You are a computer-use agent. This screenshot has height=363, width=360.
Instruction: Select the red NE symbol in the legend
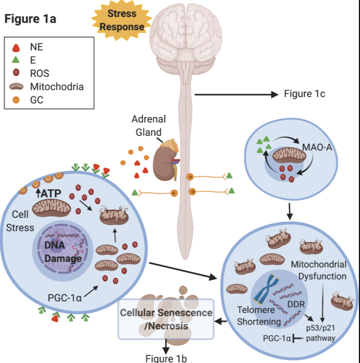[x=17, y=47]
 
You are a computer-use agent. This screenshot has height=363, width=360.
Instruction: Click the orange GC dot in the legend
[x=17, y=100]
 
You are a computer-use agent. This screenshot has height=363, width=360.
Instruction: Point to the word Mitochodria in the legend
[x=57, y=87]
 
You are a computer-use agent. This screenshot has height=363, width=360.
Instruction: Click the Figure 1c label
[x=304, y=94]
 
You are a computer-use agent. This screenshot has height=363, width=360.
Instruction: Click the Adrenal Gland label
[x=149, y=124]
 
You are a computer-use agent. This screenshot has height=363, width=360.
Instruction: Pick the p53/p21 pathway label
[x=320, y=333]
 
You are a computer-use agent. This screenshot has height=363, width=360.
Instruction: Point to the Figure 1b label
[x=166, y=358]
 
